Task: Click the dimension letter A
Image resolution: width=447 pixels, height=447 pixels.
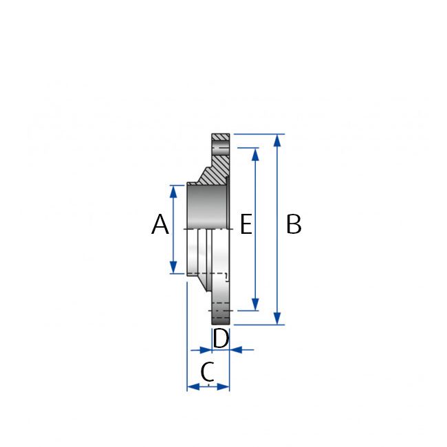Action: coord(160,225)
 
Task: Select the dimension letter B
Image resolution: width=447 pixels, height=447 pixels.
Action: coord(294,224)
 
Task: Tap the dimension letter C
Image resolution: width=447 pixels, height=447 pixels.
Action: coord(208,372)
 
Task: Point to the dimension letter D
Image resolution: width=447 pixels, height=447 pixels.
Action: coord(220,338)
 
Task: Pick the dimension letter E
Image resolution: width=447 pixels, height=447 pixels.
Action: coord(246,224)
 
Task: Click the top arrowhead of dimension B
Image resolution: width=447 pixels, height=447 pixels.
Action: coord(277,140)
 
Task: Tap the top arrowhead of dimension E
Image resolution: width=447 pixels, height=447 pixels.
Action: coord(256,153)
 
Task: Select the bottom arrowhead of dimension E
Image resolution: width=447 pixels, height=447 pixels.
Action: coord(256,305)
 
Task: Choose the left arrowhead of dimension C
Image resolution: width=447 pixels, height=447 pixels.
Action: coord(193,386)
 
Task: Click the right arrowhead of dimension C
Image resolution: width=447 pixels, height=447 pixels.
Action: coord(224,386)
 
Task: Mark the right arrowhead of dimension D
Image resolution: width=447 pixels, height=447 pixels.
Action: coord(235,349)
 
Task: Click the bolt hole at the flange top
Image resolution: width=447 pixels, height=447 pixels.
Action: coord(221,149)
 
